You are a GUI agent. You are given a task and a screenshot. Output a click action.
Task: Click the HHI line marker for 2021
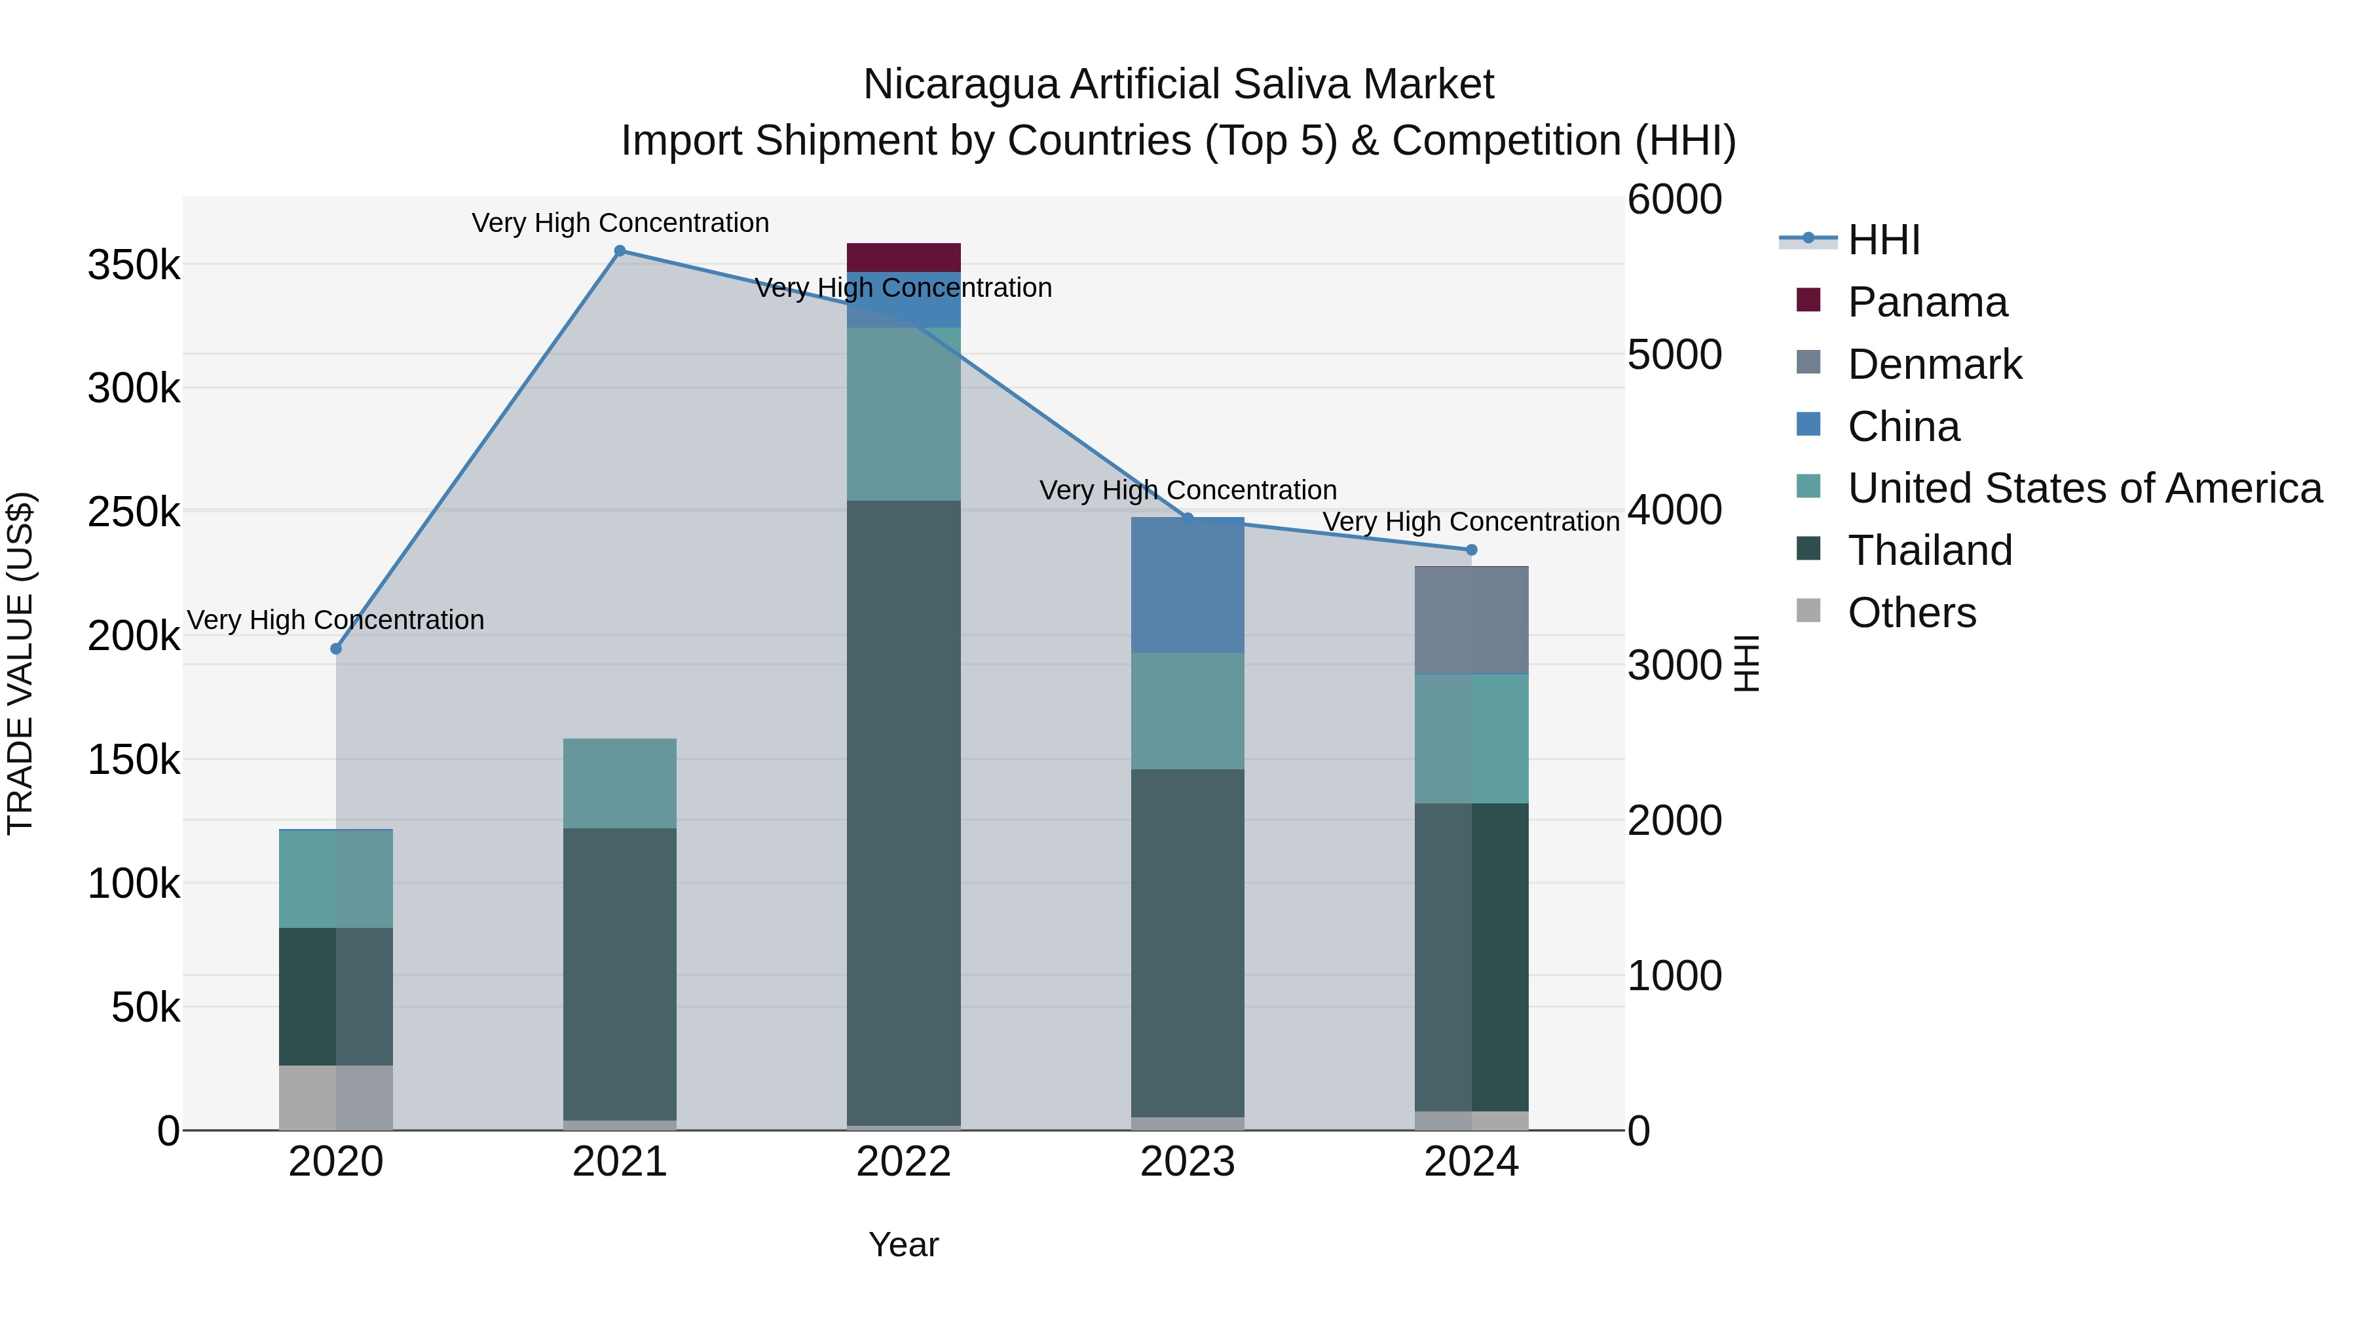tap(620, 251)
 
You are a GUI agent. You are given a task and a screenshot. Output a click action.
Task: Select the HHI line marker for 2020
tap(336, 648)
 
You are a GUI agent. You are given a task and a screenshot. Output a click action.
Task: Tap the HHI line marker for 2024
tap(1471, 550)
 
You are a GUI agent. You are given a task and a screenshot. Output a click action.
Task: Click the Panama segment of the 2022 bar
tap(903, 258)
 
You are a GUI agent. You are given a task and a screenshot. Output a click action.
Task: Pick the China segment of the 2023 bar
tap(1188, 585)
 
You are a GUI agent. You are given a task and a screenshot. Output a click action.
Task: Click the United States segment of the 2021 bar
tap(620, 783)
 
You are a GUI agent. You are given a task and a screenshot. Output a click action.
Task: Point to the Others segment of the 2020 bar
tap(336, 1097)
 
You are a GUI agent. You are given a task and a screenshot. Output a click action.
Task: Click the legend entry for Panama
tap(1927, 302)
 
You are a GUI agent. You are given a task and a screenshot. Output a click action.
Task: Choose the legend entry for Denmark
tap(1934, 364)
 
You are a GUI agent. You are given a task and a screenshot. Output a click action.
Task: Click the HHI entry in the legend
tap(1883, 240)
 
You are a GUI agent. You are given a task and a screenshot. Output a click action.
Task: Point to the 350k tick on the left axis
tap(134, 265)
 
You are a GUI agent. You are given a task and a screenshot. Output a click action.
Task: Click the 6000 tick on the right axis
tap(1674, 200)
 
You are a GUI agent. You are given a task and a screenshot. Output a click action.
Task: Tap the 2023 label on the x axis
tap(1188, 1162)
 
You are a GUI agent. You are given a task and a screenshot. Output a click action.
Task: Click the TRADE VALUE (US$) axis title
tap(20, 662)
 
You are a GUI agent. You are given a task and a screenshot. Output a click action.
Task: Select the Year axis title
tap(903, 1244)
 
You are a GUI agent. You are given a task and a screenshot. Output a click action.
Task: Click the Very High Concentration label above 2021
tap(620, 223)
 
